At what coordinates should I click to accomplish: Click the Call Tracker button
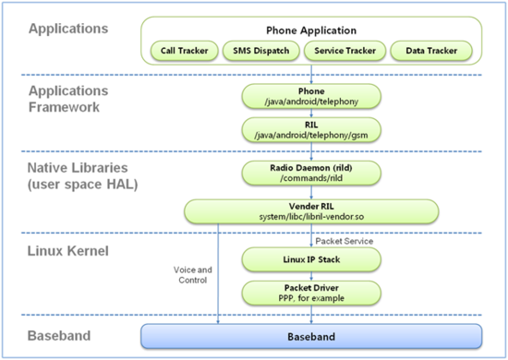(x=185, y=51)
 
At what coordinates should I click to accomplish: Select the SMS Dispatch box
(x=261, y=51)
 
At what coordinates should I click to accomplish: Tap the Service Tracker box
(x=345, y=51)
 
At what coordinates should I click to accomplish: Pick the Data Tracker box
(x=431, y=51)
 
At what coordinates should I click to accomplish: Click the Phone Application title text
(x=311, y=30)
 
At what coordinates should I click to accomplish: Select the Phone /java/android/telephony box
(x=311, y=96)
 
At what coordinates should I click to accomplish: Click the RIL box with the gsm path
(x=311, y=130)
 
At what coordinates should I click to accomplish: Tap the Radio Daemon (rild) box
(x=311, y=173)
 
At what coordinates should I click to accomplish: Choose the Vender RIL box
(x=311, y=211)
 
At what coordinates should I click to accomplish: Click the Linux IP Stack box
(x=311, y=259)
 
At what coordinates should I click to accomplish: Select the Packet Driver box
(x=311, y=293)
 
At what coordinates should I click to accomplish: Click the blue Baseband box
(x=311, y=336)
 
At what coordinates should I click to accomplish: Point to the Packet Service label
(x=345, y=241)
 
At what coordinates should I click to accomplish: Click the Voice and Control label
(x=193, y=275)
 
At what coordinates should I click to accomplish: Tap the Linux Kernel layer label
(x=68, y=251)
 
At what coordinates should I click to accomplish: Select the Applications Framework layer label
(x=68, y=99)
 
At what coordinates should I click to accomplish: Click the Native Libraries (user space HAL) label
(x=82, y=176)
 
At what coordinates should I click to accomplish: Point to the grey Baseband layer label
(x=59, y=336)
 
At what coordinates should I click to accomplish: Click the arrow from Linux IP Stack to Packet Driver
(x=311, y=276)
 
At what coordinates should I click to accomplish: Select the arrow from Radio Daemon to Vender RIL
(x=311, y=192)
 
